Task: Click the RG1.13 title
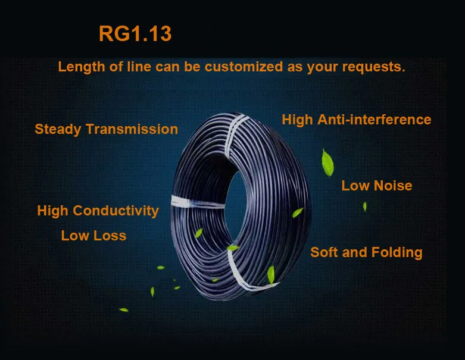tap(135, 34)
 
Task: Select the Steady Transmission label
tap(106, 129)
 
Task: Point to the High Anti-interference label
tap(356, 120)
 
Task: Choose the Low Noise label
tap(376, 186)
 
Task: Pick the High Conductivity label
tap(98, 211)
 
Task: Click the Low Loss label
tap(93, 236)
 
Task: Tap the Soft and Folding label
tap(366, 252)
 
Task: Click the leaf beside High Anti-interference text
tap(326, 159)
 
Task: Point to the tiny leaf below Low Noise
tap(364, 206)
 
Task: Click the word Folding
tap(397, 252)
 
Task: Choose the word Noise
tap(392, 186)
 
